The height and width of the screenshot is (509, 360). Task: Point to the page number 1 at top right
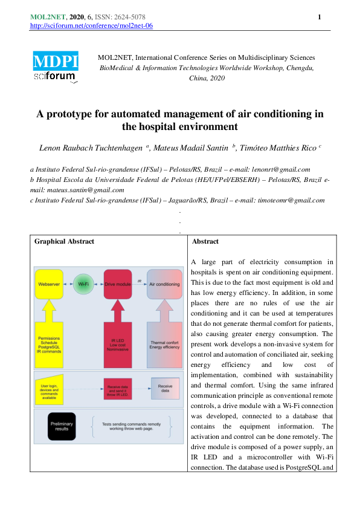click(318, 17)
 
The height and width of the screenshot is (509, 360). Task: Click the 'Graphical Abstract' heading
click(64, 242)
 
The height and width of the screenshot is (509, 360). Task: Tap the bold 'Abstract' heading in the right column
click(205, 242)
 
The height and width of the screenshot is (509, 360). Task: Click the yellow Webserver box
click(48, 284)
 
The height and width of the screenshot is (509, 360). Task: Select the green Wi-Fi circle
click(84, 284)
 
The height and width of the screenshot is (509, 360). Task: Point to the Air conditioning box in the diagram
click(164, 284)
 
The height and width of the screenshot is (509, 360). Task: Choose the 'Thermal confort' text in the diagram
click(164, 343)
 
